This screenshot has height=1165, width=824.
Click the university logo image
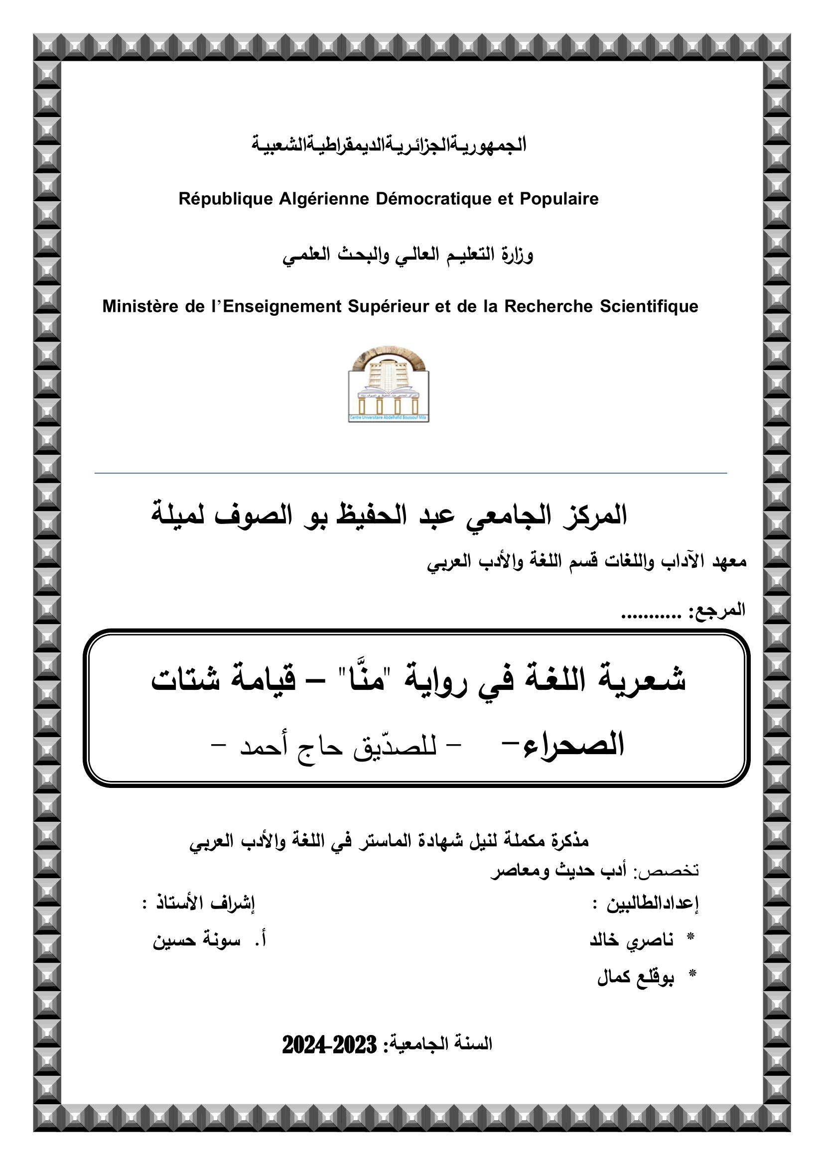coord(389,384)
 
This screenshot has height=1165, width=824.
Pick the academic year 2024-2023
coord(329,1045)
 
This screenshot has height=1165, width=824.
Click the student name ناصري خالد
coord(631,940)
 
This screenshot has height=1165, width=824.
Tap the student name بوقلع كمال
coord(635,977)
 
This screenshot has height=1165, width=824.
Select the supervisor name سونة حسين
coord(196,940)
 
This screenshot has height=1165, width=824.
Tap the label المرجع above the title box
coord(722,609)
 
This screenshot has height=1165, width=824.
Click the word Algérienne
coord(324,199)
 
